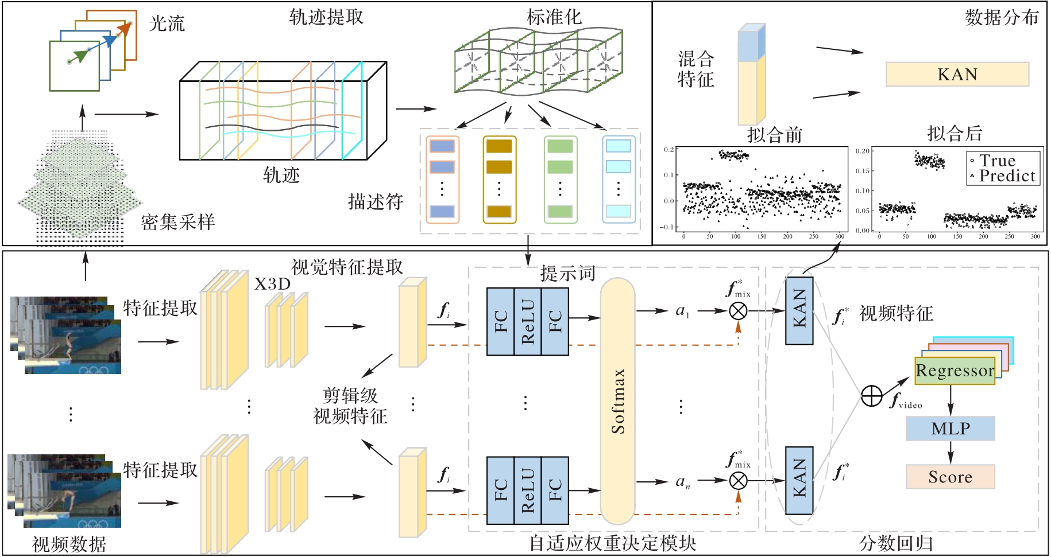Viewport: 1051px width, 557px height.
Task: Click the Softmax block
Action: click(617, 401)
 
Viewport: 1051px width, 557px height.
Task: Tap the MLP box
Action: click(950, 429)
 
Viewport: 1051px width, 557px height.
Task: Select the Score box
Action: click(950, 477)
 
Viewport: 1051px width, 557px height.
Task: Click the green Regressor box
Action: click(955, 371)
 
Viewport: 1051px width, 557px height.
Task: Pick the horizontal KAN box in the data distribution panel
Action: click(957, 75)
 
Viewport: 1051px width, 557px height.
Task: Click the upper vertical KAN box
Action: click(799, 311)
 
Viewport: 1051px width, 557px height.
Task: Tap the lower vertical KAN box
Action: click(799, 481)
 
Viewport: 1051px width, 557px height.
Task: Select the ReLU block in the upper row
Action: click(528, 322)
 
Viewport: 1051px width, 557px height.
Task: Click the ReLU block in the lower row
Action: click(528, 491)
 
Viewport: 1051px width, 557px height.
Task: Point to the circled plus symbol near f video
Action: click(871, 396)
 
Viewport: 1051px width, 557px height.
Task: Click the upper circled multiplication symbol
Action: click(738, 311)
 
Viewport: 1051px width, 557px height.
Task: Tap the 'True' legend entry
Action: click(998, 161)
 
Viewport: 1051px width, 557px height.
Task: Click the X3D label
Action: click(272, 285)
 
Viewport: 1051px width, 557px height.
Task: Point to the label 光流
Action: click(167, 24)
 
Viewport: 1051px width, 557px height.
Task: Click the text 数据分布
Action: click(1002, 18)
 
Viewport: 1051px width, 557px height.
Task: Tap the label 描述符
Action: click(376, 202)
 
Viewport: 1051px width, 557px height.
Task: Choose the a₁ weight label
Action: click(682, 311)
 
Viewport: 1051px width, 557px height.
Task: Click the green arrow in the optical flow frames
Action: click(80, 56)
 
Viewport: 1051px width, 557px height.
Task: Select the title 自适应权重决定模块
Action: click(612, 543)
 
